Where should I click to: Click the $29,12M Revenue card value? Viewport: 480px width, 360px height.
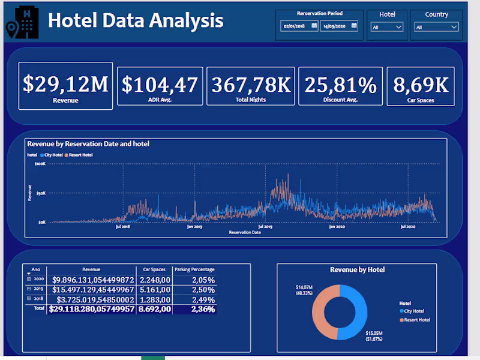click(65, 84)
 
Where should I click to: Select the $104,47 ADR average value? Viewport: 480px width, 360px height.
click(160, 85)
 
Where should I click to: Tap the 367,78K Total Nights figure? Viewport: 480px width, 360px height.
click(251, 85)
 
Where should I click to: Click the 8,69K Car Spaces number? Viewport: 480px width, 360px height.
click(421, 85)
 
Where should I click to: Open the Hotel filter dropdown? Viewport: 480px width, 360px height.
click(387, 27)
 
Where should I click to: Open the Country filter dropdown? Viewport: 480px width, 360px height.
click(437, 27)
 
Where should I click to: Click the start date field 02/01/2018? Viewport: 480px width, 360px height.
click(299, 26)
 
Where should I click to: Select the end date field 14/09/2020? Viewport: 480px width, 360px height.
click(338, 26)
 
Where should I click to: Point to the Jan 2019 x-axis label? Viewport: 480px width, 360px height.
click(194, 227)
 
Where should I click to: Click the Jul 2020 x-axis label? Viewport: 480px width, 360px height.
click(408, 227)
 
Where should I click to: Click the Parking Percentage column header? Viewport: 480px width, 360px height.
click(194, 270)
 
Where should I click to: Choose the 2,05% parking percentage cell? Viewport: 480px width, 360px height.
click(203, 280)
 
